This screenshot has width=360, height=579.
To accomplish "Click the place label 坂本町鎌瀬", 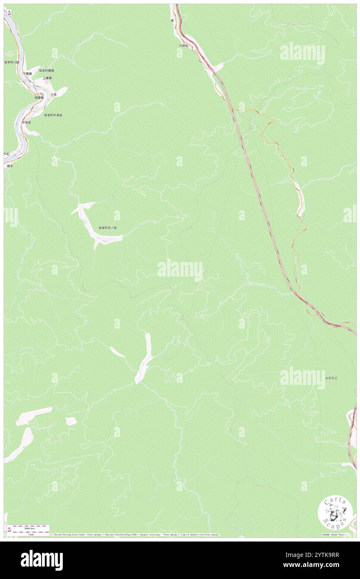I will click(47, 70).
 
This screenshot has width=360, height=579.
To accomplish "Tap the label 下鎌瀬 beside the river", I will click(27, 74).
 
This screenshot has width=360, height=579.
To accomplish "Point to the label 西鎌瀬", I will click(39, 97).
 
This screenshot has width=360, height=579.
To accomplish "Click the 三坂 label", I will click(54, 95).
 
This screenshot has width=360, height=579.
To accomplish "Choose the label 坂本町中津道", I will click(53, 115).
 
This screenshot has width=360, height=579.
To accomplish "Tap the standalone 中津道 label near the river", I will click(27, 122).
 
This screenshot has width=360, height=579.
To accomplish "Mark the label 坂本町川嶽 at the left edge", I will click(12, 62).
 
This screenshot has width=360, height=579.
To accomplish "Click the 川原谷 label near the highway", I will click(184, 46).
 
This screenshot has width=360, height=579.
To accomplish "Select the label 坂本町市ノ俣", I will click(110, 228).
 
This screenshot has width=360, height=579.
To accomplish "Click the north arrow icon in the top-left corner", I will click(9, 13).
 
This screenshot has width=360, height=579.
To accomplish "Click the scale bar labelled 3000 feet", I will click(29, 527).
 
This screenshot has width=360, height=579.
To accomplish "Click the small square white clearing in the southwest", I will click(71, 421).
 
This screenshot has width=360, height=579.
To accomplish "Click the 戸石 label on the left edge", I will click(6, 154).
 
